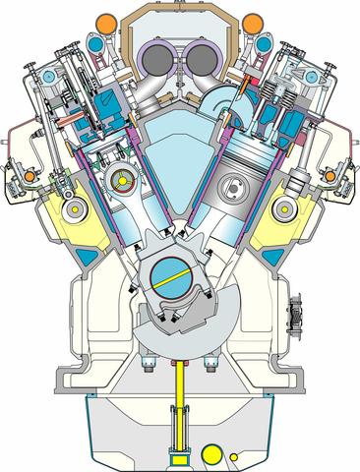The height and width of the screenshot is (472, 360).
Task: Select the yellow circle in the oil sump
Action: click(x=211, y=453)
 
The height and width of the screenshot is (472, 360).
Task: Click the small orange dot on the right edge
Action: click(x=330, y=175)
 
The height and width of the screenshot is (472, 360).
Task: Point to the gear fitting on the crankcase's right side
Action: click(x=295, y=320)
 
